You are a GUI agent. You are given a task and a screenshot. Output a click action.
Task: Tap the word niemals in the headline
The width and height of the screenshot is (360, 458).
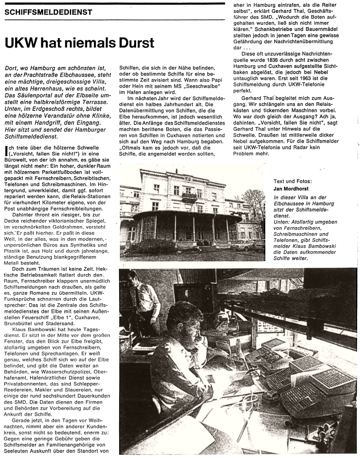click(82, 43)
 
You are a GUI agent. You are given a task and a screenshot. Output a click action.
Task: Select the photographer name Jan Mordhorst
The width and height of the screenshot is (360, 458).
click(292, 189)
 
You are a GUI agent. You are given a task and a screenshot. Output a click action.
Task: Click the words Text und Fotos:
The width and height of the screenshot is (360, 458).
click(293, 182)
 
